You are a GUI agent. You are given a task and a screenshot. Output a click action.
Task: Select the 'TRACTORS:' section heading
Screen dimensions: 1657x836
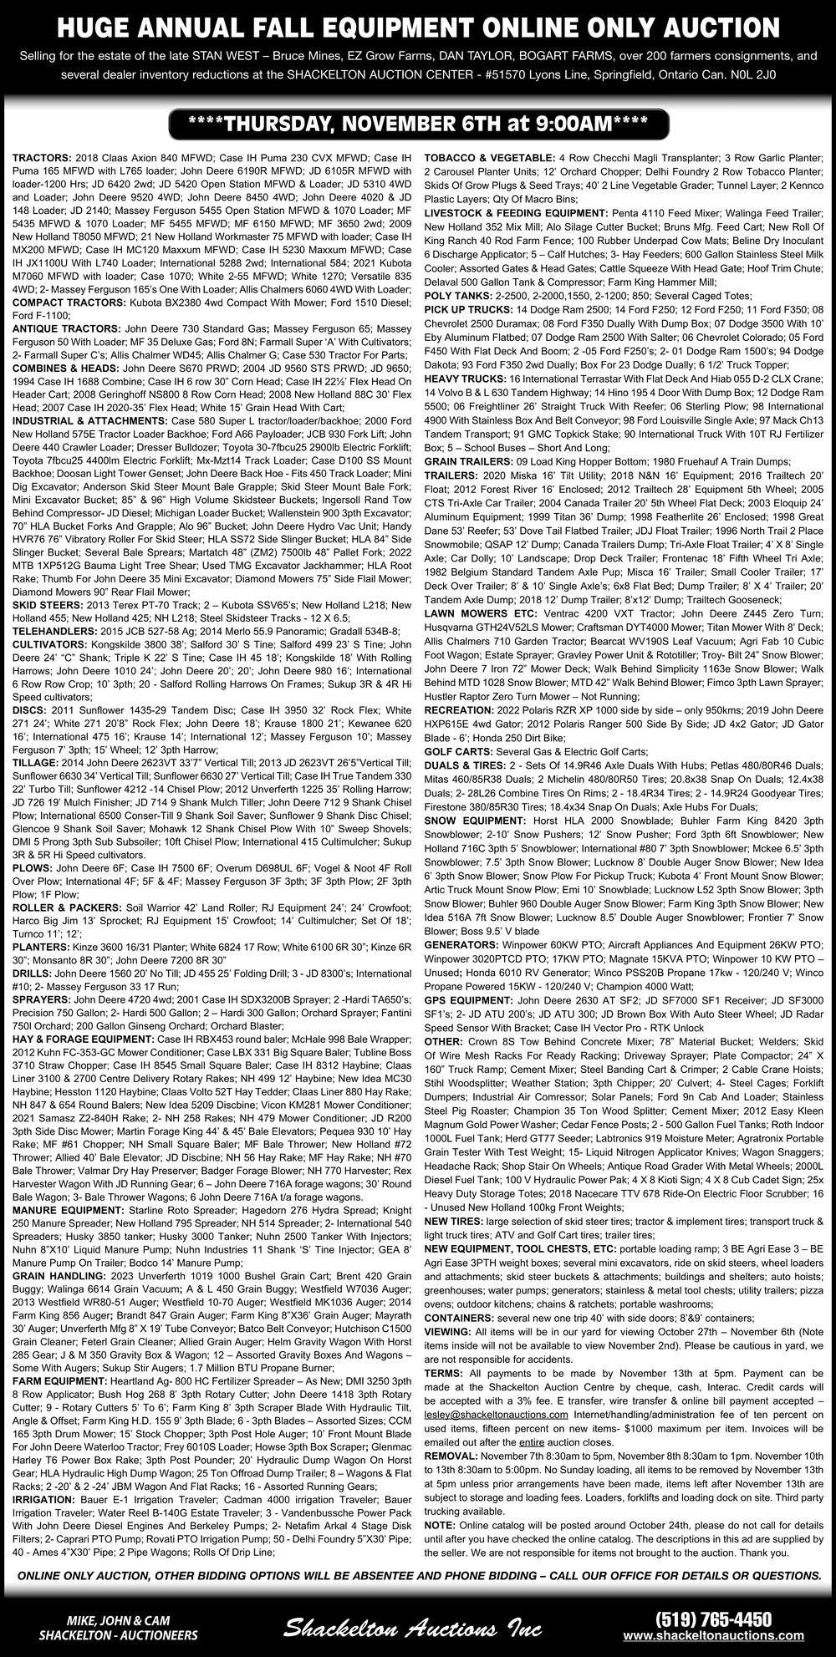[42, 157]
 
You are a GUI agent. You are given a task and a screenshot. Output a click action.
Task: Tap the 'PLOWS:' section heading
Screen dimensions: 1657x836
[33, 869]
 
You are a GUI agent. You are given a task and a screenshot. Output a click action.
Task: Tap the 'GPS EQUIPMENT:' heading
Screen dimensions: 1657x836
[468, 999]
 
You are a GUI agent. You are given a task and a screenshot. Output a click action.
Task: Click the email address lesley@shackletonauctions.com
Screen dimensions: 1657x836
[496, 1415]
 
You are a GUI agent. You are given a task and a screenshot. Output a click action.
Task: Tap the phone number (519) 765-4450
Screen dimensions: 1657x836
[713, 1619]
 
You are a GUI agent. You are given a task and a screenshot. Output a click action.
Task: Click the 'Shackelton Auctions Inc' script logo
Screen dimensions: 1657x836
[412, 1627]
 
